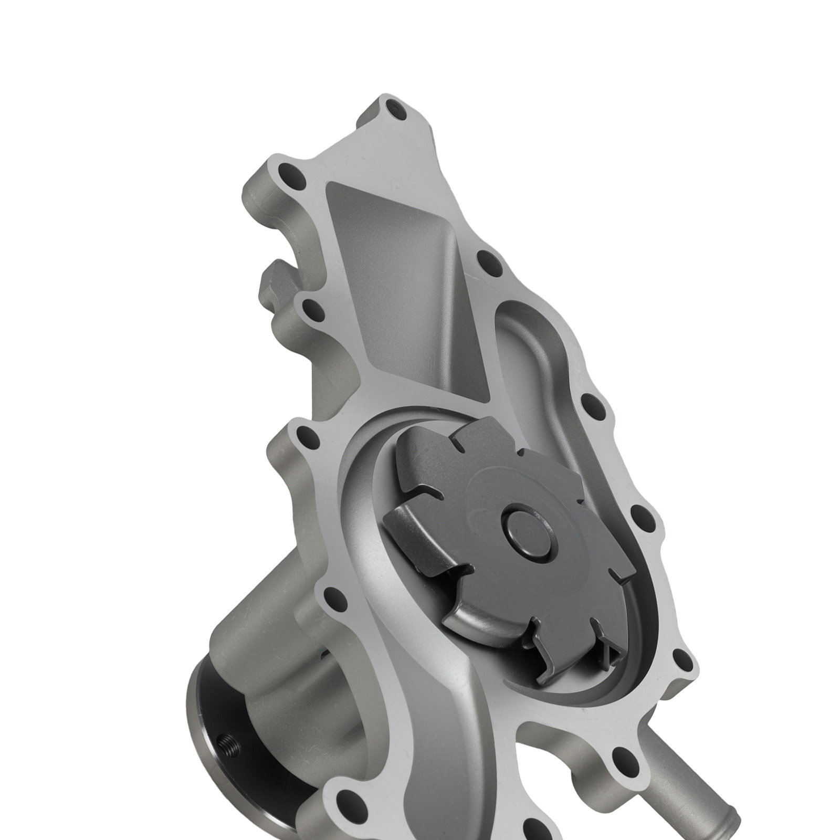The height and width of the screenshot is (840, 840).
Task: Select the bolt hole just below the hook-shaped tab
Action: tap(313, 310)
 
